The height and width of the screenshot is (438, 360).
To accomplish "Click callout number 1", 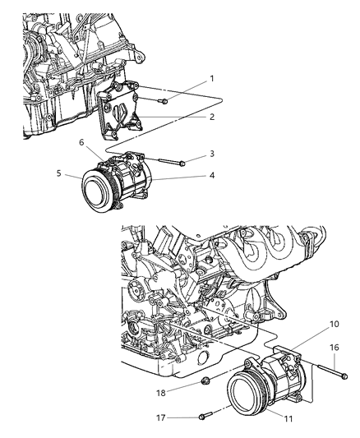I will point(211,79).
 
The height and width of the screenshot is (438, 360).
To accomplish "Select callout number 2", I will point(211,118).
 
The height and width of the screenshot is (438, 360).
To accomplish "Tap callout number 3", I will point(211,154).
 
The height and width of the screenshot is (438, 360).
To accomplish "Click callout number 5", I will point(58,173).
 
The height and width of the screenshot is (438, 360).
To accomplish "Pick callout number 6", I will point(81,142).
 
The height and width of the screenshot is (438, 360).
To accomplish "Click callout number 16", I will point(334,348).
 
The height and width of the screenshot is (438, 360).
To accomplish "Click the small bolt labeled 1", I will point(163,100).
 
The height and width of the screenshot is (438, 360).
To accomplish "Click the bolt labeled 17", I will point(205,415).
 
